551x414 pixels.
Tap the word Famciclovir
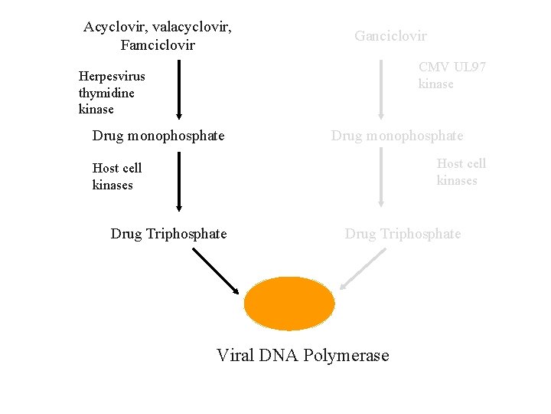(x=158, y=45)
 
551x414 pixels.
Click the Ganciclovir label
(x=390, y=36)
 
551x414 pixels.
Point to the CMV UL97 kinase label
(x=452, y=75)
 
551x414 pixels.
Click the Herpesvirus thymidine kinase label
(x=112, y=92)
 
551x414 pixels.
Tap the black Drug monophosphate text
(x=158, y=136)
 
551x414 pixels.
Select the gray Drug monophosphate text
(x=397, y=136)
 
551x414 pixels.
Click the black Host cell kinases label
(x=117, y=176)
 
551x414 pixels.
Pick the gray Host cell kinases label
(x=461, y=172)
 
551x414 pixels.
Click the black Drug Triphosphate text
(x=168, y=234)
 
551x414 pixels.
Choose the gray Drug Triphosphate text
(x=403, y=234)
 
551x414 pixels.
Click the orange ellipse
(x=289, y=303)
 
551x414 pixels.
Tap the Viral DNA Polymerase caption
(x=302, y=356)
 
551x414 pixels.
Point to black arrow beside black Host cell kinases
(x=178, y=181)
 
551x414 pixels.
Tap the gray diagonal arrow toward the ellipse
(x=362, y=269)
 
